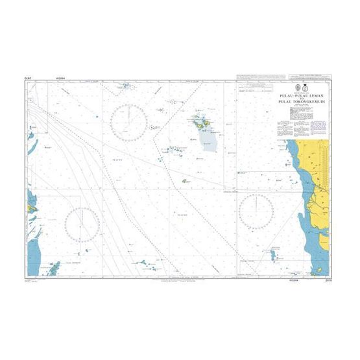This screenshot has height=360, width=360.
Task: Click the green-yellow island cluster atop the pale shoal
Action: pyautogui.click(x=200, y=121)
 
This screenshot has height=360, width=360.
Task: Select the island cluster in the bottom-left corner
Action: pyautogui.click(x=54, y=268)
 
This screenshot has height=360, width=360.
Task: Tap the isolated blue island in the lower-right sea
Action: pyautogui.click(x=266, y=255)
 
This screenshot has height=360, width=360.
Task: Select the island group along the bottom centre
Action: pyautogui.click(x=146, y=264)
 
